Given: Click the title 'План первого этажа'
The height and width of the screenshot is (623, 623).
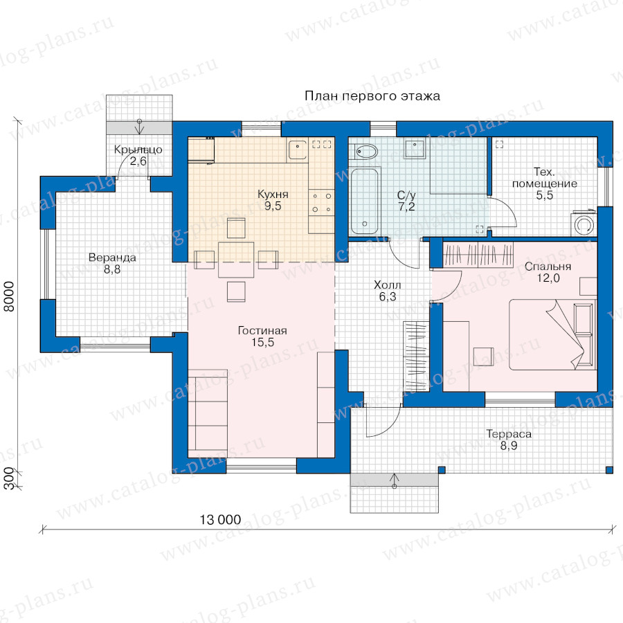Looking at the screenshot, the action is [x=372, y=96].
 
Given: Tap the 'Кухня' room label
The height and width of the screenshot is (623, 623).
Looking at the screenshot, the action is [x=273, y=195].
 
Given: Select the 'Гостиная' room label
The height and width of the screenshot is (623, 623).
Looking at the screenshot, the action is [x=262, y=331].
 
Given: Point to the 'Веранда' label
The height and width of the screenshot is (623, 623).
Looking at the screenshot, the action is [x=112, y=258].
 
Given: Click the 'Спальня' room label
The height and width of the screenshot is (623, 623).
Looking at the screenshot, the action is [x=548, y=267].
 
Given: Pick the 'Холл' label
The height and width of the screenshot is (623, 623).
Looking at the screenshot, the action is [x=388, y=285].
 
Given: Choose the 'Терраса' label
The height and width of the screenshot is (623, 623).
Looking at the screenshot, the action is [x=509, y=434].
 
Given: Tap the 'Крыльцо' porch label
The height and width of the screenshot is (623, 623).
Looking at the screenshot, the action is [x=138, y=150].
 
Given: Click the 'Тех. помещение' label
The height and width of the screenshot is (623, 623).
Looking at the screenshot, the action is [x=544, y=178].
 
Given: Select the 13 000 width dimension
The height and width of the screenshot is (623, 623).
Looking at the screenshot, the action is [x=220, y=520].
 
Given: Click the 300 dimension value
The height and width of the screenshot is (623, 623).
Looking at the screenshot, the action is [x=9, y=480].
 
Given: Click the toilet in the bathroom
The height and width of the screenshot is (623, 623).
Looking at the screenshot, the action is [x=365, y=151].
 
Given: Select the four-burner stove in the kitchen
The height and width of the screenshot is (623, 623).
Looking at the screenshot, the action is [x=321, y=203].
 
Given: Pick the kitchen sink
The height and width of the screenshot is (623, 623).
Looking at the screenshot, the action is [x=298, y=150].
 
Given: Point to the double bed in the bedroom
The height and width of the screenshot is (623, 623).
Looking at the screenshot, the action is [x=552, y=334].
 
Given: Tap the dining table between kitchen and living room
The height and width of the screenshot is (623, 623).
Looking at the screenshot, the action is [x=236, y=260].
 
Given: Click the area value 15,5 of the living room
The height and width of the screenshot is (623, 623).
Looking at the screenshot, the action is [x=262, y=342].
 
